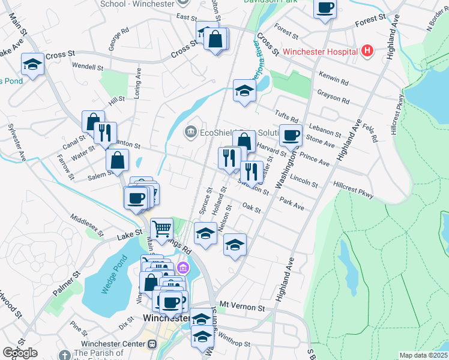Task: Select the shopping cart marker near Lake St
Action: (161, 229)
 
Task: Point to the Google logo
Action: (20, 352)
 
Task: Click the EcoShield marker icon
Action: (191, 131)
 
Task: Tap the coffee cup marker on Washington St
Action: (291, 137)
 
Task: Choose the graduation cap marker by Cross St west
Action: (32, 64)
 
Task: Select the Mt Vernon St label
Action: (242, 306)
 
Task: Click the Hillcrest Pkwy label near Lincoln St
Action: (354, 191)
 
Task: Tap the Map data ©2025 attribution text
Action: (424, 355)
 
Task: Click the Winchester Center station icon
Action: (152, 344)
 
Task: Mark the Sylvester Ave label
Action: (16, 142)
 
